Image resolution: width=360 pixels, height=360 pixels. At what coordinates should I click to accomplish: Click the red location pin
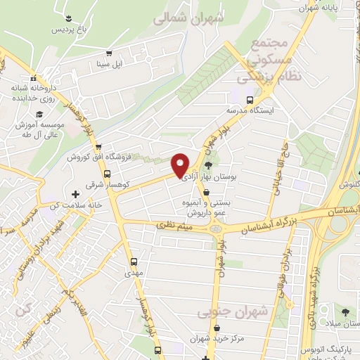point(180,165)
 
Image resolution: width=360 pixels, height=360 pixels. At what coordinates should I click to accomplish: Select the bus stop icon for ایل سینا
point(108,53)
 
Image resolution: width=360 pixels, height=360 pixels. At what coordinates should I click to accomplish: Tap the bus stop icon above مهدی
point(134,262)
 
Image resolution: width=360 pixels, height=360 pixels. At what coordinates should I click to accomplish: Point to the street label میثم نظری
point(175,226)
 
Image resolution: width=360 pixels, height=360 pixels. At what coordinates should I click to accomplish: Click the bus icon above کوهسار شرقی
point(106,174)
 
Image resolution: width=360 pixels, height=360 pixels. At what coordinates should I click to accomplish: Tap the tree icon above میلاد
point(345,311)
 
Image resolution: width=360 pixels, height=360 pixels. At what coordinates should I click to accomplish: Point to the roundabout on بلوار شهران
point(216,227)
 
